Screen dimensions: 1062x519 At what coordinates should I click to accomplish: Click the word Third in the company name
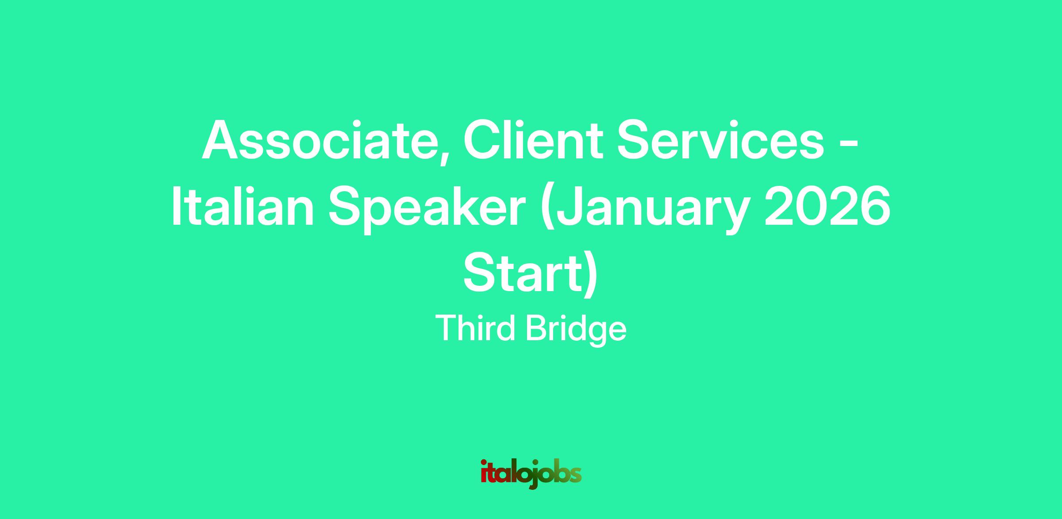(x=476, y=328)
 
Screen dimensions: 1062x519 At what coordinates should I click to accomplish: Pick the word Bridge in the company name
(x=576, y=331)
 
